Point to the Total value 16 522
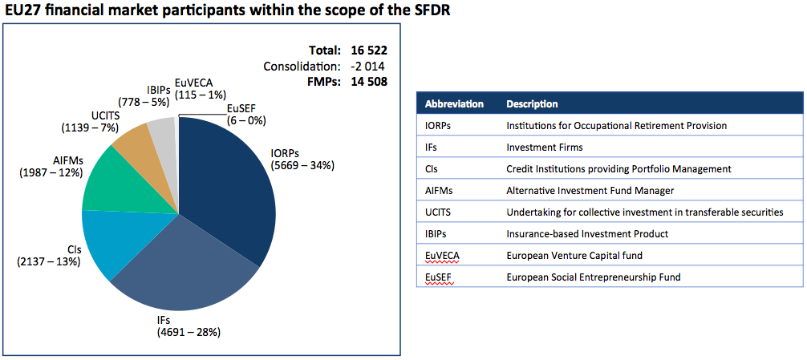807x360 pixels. pos(370,51)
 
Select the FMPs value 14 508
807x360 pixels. pos(370,81)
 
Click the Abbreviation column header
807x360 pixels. pos(454,104)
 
